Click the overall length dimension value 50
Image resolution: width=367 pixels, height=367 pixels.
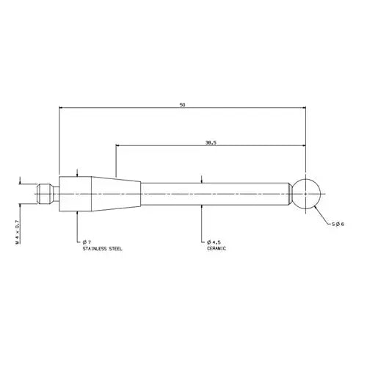pos(182,105)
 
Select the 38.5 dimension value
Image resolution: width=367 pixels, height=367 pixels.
pos(211,143)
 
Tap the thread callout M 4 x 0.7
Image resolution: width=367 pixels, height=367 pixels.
pos(17,232)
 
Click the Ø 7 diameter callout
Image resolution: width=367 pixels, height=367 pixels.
pos(87,242)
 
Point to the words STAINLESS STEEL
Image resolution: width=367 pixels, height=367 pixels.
pos(102,249)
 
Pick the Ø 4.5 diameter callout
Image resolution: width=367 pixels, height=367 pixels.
pos(214,242)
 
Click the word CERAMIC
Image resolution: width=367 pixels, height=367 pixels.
pos(217,248)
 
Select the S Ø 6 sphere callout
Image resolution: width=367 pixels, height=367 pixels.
pos(338,224)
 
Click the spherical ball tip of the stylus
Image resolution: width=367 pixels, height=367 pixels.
pos(306,194)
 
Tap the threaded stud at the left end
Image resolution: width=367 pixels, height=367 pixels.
pos(46,194)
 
